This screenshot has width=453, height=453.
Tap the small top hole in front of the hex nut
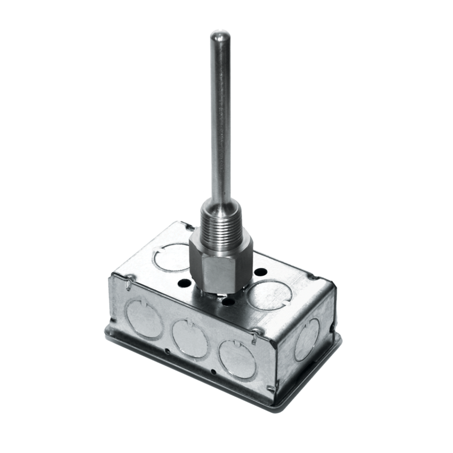coord(229,302)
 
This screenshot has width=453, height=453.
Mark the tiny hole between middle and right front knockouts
coord(213,371)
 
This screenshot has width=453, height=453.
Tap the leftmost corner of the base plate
coord(104,327)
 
